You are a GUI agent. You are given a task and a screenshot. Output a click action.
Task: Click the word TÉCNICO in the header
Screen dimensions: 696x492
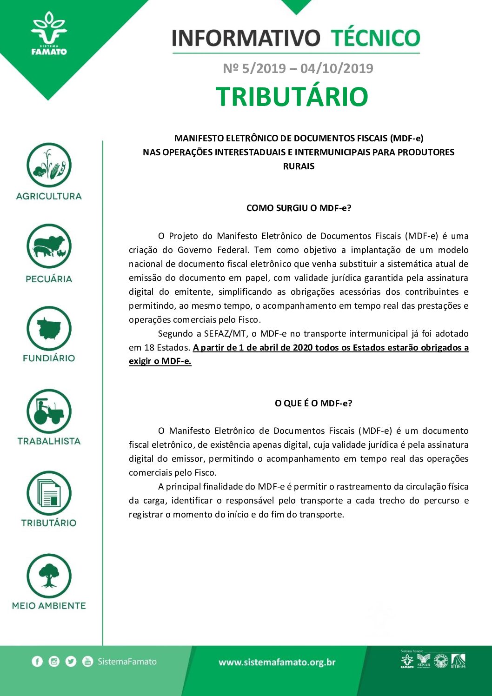coord(375,38)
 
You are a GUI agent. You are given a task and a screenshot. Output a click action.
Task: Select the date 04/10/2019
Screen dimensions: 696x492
coord(337,68)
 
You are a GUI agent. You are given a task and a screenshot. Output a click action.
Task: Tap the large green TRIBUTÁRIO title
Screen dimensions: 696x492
coord(292,97)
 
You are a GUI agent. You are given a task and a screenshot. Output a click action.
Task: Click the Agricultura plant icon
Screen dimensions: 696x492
coord(49,165)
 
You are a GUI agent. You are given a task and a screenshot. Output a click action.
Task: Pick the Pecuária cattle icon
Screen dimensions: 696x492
coord(49,246)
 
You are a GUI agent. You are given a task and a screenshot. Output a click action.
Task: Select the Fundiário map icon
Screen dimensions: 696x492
coord(49,329)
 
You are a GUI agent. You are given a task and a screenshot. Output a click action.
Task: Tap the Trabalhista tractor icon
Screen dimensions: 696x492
coord(49,411)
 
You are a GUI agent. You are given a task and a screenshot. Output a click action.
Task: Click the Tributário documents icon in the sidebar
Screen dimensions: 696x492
coord(49,494)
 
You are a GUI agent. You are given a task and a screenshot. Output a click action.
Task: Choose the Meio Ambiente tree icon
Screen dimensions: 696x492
coord(49,576)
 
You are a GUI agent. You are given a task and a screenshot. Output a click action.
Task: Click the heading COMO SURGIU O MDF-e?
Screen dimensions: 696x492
coord(299,208)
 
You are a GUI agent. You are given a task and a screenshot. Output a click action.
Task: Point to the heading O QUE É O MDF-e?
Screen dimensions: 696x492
coord(313,403)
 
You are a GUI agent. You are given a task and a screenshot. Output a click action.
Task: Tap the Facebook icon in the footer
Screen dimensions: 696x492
coord(37,661)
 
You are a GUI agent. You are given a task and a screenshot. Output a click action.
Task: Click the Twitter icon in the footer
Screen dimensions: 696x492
coord(71,661)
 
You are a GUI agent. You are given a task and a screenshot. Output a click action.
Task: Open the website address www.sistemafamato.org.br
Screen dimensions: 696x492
coord(277,662)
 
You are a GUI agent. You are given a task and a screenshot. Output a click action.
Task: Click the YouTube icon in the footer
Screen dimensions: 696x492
coord(87,661)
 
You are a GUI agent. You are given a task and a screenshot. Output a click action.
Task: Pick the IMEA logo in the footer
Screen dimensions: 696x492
coord(458,661)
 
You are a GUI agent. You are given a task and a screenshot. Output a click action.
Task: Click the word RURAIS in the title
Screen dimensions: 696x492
coord(299,166)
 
